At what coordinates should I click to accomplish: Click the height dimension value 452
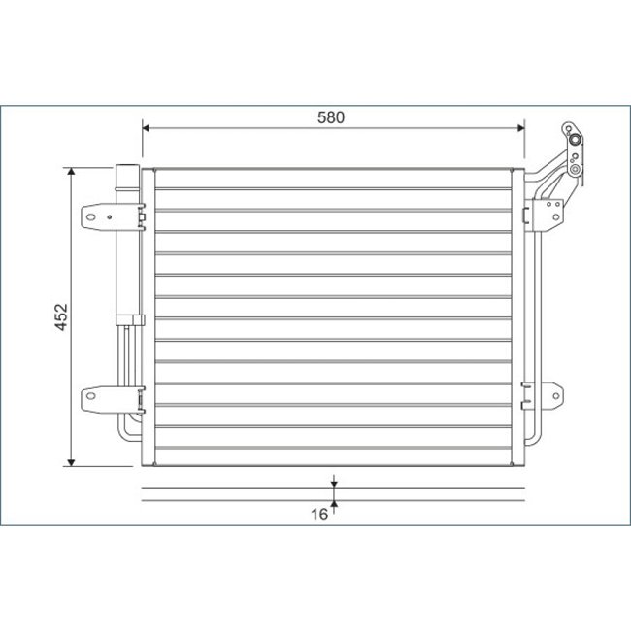tap(60, 317)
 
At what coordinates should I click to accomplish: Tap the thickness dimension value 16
tap(318, 515)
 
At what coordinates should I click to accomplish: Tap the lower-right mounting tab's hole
tap(556, 394)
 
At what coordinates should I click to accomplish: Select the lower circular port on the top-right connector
tap(576, 172)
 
